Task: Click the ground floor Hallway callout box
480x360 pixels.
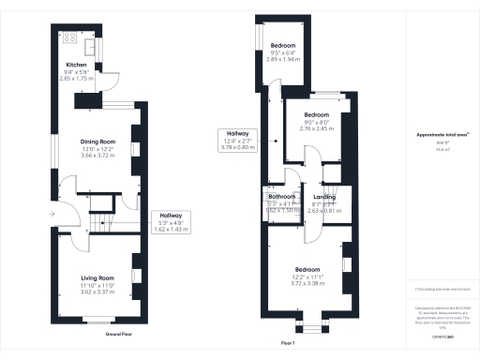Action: tap(171, 221)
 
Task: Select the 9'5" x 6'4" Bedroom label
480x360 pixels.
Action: tap(284, 45)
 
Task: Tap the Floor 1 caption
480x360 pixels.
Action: tap(289, 343)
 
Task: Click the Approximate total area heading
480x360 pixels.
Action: tap(442, 135)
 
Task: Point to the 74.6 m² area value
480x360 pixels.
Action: tap(441, 148)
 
